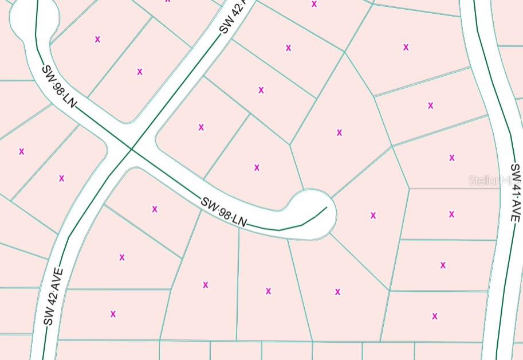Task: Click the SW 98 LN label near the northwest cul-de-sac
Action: tap(58, 86)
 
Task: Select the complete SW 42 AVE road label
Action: tap(53, 296)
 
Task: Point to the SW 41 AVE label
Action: tap(515, 193)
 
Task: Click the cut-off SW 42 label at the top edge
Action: tap(232, 17)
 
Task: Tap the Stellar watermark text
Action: tap(490, 181)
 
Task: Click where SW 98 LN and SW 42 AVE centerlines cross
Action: tap(132, 149)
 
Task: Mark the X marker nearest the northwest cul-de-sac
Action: tap(97, 40)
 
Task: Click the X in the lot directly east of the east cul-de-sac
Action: tap(373, 216)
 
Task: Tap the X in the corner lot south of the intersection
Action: tap(155, 209)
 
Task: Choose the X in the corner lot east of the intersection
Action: tap(201, 127)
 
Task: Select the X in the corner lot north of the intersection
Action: tap(140, 72)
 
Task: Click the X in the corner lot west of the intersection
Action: tap(62, 178)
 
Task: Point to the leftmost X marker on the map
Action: tap(22, 151)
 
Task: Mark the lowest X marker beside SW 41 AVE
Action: tap(435, 316)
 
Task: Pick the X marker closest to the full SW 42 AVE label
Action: tap(113, 314)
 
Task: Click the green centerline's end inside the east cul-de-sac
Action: tap(327, 208)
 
